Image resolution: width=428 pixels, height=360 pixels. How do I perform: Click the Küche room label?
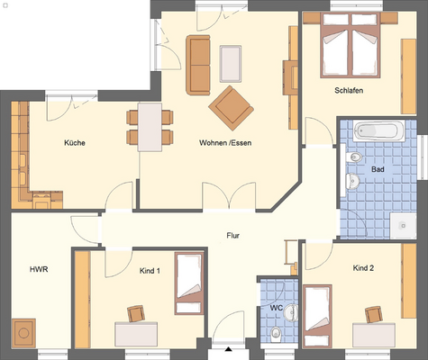click(x=74, y=142)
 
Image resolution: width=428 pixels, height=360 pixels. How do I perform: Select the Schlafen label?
click(x=349, y=90)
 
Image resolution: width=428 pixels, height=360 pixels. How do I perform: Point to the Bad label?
click(x=378, y=168)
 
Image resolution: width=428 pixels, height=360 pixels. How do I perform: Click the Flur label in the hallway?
click(x=232, y=236)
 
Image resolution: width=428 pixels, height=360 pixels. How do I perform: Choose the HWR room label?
click(x=39, y=269)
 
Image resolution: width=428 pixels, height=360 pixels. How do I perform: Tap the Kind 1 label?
click(x=150, y=269)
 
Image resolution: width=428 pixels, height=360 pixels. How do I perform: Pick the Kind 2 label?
click(x=363, y=268)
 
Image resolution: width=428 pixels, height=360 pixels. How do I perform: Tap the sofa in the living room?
click(x=197, y=65)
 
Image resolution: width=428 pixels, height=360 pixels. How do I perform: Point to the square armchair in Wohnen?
click(x=230, y=107)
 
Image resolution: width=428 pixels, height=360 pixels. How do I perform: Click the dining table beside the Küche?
click(x=150, y=125)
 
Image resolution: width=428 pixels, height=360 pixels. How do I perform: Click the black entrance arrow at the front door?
click(x=229, y=347)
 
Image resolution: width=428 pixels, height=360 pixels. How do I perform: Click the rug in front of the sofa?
click(x=231, y=61)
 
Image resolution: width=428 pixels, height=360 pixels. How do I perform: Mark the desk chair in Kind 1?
click(x=136, y=312)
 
